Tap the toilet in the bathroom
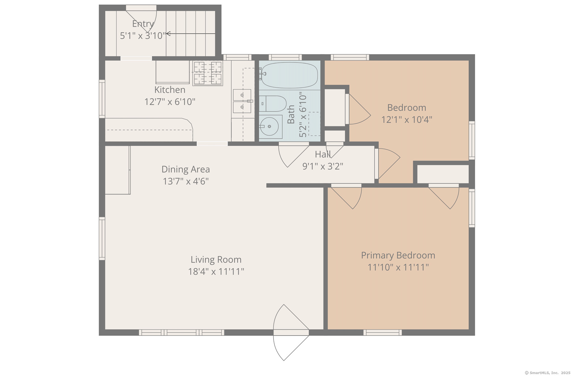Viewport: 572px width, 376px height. coord(273,104)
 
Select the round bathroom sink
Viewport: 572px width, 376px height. coord(269,126)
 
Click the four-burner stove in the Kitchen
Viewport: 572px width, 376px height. coord(208,73)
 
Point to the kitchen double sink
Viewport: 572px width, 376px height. coord(242,101)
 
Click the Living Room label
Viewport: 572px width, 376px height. coord(216,260)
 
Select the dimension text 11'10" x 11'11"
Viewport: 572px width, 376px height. coord(398,267)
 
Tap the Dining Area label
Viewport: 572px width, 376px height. coord(186,169)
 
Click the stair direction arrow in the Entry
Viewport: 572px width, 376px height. coord(190,34)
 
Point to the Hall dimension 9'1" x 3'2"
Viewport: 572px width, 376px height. coord(322,166)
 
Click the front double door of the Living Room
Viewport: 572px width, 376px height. coord(291,332)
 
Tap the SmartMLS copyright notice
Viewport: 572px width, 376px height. coord(547,373)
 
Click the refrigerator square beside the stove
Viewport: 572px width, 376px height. coord(172,72)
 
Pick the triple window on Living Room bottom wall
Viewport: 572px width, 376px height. coord(181,332)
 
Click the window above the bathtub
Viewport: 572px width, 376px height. coord(285,57)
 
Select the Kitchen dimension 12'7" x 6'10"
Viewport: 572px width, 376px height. coord(170,102)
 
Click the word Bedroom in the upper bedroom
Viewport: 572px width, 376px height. coord(406,108)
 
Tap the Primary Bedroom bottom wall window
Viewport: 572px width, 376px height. coord(382,332)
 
